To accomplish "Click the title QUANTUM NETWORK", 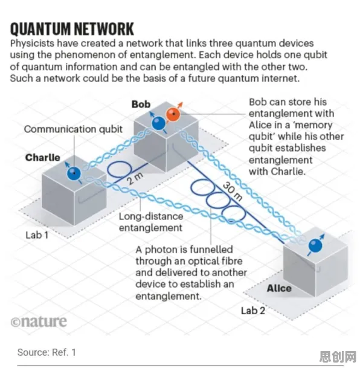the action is point(72,29).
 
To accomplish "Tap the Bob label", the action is point(141,104).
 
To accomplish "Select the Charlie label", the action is point(43,158).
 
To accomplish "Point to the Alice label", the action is point(279,288).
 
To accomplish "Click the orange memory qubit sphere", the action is point(173,114).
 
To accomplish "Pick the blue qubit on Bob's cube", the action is point(159,123).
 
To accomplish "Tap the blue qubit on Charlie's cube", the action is point(74,173).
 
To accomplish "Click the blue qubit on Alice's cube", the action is point(315,245).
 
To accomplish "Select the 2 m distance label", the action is point(135,178).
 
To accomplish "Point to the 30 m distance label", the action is point(232,192).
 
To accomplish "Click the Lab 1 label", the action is point(37,235).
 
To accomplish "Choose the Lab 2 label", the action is point(253,311).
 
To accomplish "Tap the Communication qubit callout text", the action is point(73,129).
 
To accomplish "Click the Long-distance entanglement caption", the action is point(151,222).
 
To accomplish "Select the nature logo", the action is point(39,321).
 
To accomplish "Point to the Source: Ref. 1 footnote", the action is point(47,352).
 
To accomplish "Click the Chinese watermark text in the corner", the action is point(338,357).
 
